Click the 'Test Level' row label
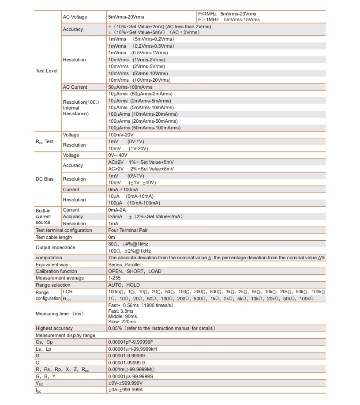coord(46,71)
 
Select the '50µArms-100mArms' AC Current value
coord(130,87)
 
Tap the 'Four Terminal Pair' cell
coord(128,230)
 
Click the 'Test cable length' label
coord(54,237)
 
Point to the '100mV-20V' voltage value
coord(121,135)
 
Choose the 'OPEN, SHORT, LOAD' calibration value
coord(135,271)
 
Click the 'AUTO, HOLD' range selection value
coord(124,285)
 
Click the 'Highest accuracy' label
coord(54,328)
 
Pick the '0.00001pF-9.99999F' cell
coord(131,342)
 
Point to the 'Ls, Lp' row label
coord(44,349)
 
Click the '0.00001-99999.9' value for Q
coord(126,362)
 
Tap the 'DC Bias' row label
coord(45,179)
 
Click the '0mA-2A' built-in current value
coord(117,210)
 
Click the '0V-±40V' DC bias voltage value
coord(118,155)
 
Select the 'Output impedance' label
coord(56,247)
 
